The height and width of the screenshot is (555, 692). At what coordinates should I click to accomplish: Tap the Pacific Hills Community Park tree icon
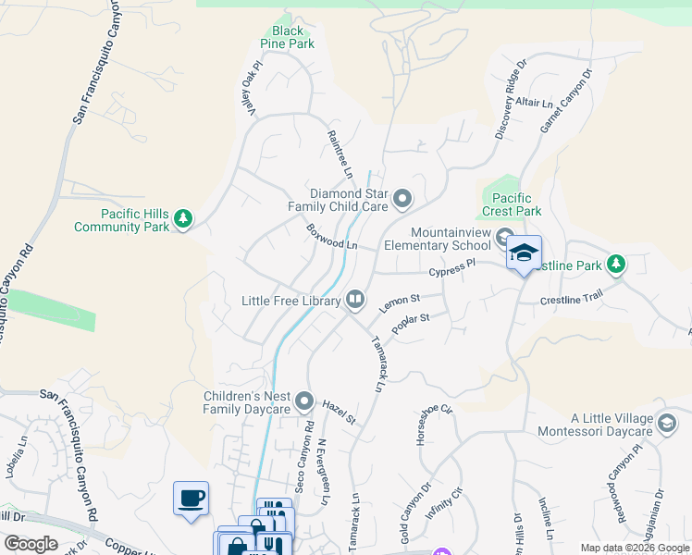point(184,218)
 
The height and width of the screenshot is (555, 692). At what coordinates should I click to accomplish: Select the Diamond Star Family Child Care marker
point(402,198)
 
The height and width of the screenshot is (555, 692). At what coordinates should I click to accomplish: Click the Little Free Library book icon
point(354,299)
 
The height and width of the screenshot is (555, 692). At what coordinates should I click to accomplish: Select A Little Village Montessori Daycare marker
point(665,424)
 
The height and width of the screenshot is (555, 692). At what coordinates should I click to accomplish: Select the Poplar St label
point(411,324)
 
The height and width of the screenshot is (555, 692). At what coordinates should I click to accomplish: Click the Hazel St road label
point(340,413)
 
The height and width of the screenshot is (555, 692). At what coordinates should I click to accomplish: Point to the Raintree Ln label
point(340,154)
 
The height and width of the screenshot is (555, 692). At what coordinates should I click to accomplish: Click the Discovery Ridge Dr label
point(510,100)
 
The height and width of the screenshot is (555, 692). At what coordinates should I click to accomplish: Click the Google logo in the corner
point(31,544)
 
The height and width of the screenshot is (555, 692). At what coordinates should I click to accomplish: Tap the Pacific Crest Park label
point(511,204)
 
